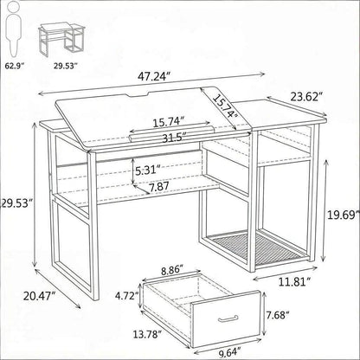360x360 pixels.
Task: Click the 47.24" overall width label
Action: click(x=154, y=76)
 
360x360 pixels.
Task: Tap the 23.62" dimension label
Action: click(x=306, y=97)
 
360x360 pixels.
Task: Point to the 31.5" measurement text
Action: click(x=174, y=138)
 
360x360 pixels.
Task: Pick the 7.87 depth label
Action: click(x=159, y=186)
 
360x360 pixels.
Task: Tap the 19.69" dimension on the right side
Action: click(x=344, y=215)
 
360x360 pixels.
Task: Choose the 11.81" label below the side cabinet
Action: click(x=294, y=281)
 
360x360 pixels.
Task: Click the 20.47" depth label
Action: click(x=40, y=296)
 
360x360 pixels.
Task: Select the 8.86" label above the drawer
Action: click(x=172, y=270)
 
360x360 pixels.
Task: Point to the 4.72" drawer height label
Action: click(x=127, y=296)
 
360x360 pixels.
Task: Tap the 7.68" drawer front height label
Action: click(x=278, y=315)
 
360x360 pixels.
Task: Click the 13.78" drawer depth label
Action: click(x=147, y=335)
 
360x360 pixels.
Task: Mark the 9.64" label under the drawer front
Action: click(x=230, y=352)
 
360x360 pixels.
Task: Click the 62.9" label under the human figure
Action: click(x=14, y=66)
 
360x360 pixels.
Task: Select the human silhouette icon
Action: click(x=14, y=31)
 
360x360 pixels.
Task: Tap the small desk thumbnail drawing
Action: click(x=61, y=40)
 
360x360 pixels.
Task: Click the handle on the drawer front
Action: click(x=228, y=318)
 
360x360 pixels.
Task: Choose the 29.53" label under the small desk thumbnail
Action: click(x=66, y=66)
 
